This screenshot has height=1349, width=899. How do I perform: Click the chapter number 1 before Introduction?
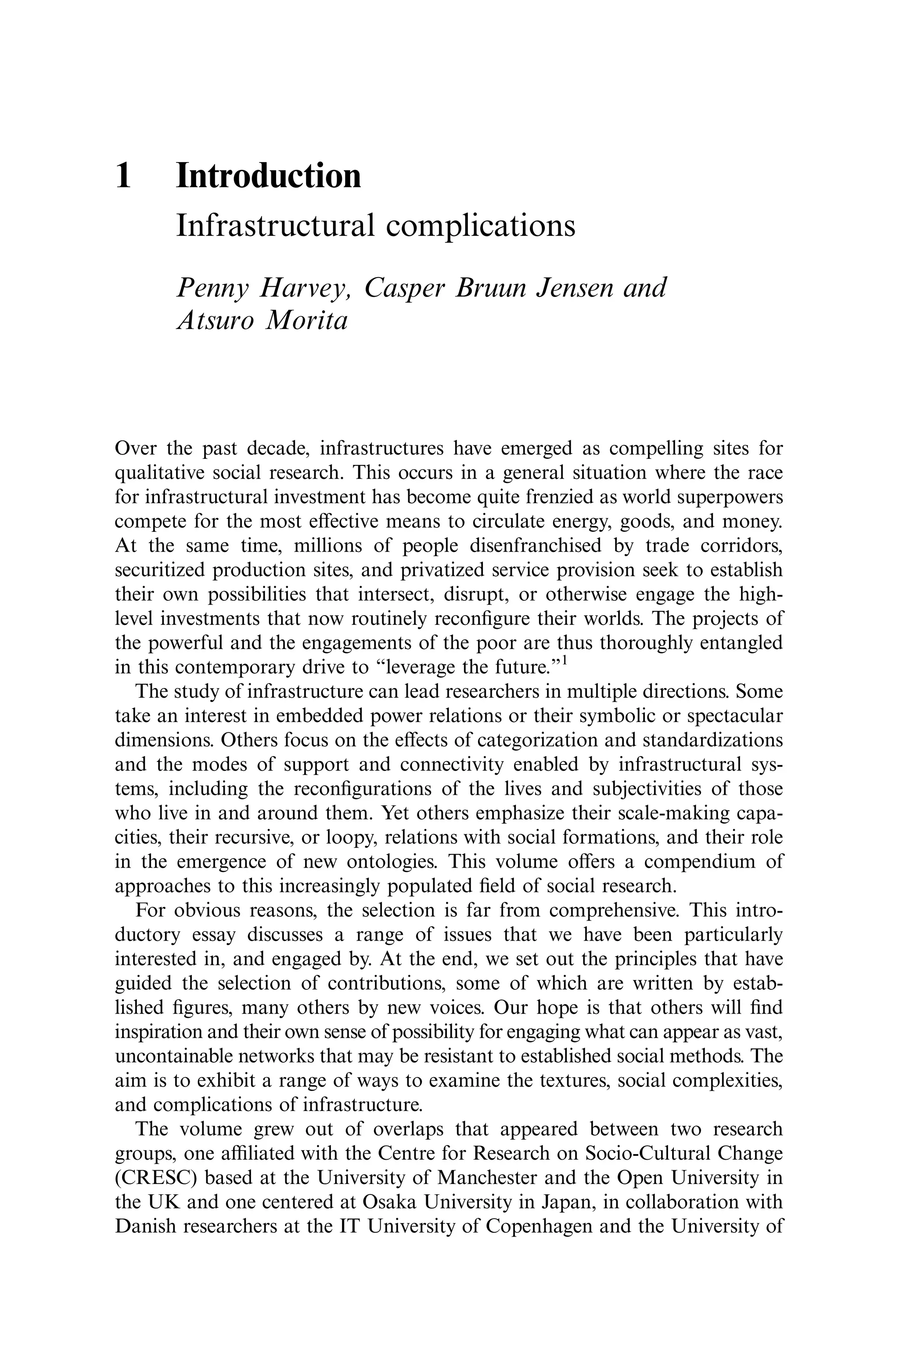point(123,176)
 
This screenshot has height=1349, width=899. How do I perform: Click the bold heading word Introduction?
point(268,176)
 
